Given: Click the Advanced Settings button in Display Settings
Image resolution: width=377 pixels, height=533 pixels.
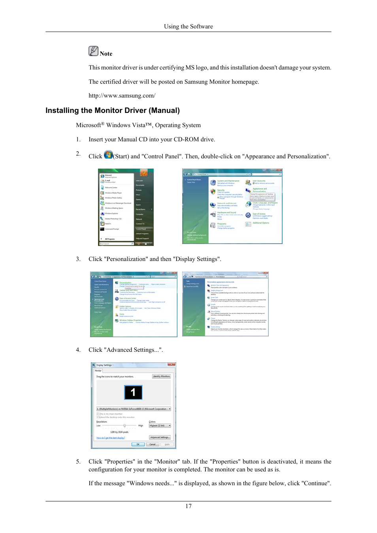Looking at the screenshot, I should [160, 437].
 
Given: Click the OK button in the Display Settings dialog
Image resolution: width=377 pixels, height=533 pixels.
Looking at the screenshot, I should [138, 444].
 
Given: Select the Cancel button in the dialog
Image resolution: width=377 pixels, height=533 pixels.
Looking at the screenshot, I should [153, 444].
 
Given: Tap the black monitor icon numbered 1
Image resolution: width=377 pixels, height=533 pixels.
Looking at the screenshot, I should [133, 392].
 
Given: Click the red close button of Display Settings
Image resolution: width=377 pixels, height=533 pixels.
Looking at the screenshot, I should [172, 365].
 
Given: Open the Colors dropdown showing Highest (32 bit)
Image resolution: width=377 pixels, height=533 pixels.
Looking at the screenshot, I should [160, 426].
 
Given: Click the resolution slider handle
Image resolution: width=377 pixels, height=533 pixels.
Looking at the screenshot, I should [124, 426].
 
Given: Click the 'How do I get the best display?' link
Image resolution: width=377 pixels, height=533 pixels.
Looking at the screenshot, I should [111, 438].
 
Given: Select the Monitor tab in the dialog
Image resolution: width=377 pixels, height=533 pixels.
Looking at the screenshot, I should [98, 371].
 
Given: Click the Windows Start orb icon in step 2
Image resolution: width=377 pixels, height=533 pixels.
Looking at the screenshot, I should [108, 155].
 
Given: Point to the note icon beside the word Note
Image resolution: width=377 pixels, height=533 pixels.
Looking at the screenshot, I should [94, 51].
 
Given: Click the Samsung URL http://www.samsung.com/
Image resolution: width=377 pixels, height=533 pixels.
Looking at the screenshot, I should [122, 96].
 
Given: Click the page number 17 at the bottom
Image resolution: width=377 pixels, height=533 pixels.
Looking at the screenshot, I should [188, 506].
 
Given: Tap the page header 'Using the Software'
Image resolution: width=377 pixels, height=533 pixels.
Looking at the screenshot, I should [188, 26].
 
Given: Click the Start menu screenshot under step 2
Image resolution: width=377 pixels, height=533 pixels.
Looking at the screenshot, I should [126, 207].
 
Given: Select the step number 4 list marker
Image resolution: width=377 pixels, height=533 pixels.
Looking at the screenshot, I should [78, 350].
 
